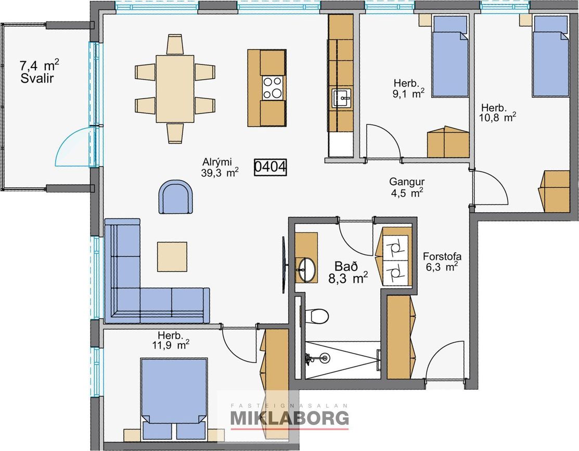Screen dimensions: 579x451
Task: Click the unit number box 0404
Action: [271, 167]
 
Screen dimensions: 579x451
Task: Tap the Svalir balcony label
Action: [37, 78]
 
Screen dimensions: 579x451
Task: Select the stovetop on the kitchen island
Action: [272, 87]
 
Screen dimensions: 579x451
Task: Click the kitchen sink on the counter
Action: [342, 98]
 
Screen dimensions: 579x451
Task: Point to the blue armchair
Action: [176, 197]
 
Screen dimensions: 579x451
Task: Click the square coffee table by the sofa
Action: [172, 257]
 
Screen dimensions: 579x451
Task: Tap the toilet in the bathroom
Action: [317, 316]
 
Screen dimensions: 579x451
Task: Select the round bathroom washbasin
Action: [307, 269]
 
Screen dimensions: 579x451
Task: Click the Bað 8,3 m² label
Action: [348, 272]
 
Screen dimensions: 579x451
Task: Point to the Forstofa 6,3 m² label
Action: [442, 262]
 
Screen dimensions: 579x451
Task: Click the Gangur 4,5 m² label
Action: [407, 187]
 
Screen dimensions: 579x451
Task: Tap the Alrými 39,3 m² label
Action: [220, 167]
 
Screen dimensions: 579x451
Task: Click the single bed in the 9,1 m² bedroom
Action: [450, 56]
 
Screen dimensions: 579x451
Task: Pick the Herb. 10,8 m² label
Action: [497, 113]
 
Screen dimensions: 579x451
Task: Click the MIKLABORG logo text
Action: [289, 418]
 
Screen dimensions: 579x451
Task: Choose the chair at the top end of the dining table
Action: [175, 45]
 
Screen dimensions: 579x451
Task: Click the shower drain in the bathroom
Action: [325, 357]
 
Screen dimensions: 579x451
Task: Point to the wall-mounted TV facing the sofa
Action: [284, 264]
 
